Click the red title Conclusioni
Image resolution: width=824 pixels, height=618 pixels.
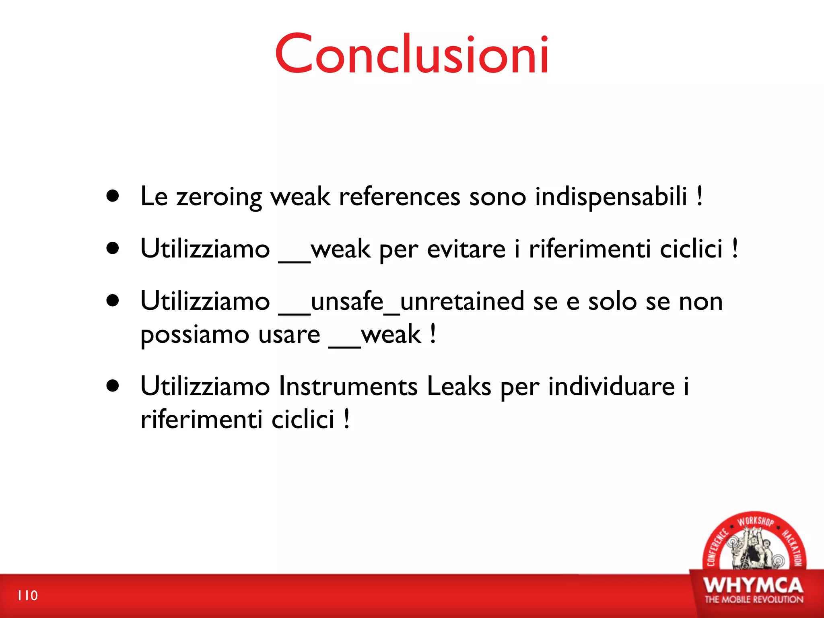click(412, 54)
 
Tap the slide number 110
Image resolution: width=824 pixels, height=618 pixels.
click(28, 595)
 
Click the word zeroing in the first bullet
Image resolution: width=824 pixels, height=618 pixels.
click(219, 197)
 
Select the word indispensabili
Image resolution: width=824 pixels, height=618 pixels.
click(611, 197)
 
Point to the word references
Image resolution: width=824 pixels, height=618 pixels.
click(400, 197)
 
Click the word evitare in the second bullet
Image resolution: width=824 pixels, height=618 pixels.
click(466, 249)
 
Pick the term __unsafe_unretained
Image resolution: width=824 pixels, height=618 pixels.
click(401, 302)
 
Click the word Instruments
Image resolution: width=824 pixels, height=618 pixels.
click(348, 386)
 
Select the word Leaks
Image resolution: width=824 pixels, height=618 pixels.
click(459, 386)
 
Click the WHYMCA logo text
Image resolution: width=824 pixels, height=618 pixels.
click(754, 585)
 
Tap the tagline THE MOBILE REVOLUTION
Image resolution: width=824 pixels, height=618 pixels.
click(754, 599)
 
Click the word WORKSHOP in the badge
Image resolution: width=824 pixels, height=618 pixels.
click(755, 521)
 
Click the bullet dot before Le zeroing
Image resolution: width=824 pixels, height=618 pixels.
click(113, 196)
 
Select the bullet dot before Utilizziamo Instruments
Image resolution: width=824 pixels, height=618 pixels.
click(113, 385)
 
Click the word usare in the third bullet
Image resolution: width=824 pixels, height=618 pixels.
click(289, 335)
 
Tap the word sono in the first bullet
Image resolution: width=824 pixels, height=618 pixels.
click(498, 197)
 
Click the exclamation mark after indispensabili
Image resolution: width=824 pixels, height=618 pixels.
click(700, 196)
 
